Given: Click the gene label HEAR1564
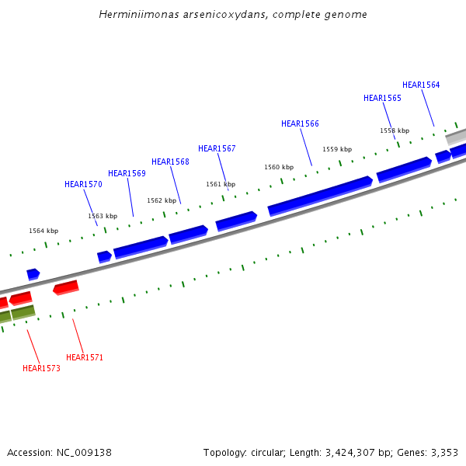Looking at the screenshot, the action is coord(421,85).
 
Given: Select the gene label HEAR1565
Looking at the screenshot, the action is coord(382,98).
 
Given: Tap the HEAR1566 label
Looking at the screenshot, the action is coord(300,123).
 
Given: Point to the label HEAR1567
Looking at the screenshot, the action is coord(217,148).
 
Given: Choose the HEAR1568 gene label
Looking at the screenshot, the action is coord(170,162).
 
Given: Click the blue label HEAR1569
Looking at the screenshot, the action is coord(127,173).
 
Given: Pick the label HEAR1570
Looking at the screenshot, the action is coord(83,184).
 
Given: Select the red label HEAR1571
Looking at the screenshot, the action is coord(85,357).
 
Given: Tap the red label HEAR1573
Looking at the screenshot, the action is coord(41,368).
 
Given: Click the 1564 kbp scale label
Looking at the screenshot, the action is coord(43,231).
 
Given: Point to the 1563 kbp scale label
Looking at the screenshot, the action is coord(103,216).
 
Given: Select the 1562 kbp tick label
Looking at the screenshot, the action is coord(162,200).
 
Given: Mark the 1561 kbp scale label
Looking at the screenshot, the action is coord(221,184).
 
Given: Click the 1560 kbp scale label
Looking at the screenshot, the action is coord(279,167).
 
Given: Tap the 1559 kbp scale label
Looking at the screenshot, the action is coord(337,149).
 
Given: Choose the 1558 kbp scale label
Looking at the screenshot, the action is coord(395,130).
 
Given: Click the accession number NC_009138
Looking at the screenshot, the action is coord(83,452).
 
